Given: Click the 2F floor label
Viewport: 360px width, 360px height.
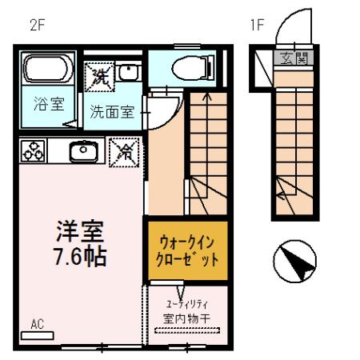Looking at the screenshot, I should tap(36, 25).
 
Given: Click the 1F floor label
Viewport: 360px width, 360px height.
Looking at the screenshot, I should tap(256, 25).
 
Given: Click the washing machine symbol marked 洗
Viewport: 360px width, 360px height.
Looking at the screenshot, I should tap(100, 77).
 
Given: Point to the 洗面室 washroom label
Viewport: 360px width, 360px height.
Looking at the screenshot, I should tap(111, 113).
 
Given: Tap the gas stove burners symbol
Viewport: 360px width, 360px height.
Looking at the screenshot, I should tap(34, 150).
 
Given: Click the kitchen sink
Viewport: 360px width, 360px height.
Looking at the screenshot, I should tap(83, 150).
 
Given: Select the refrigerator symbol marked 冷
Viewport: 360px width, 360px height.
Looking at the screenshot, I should tap(126, 150).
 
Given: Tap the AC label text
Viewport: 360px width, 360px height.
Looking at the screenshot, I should tap(38, 325).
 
